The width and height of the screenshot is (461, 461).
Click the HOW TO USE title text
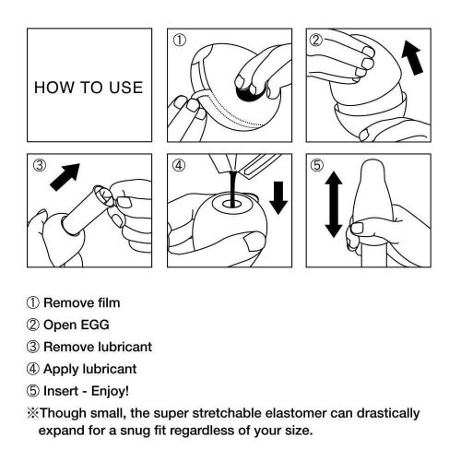point(89,89)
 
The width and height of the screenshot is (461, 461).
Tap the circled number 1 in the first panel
point(180,41)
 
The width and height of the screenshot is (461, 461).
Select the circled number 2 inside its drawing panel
point(316,41)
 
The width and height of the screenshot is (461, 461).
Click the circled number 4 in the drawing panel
point(180,167)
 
